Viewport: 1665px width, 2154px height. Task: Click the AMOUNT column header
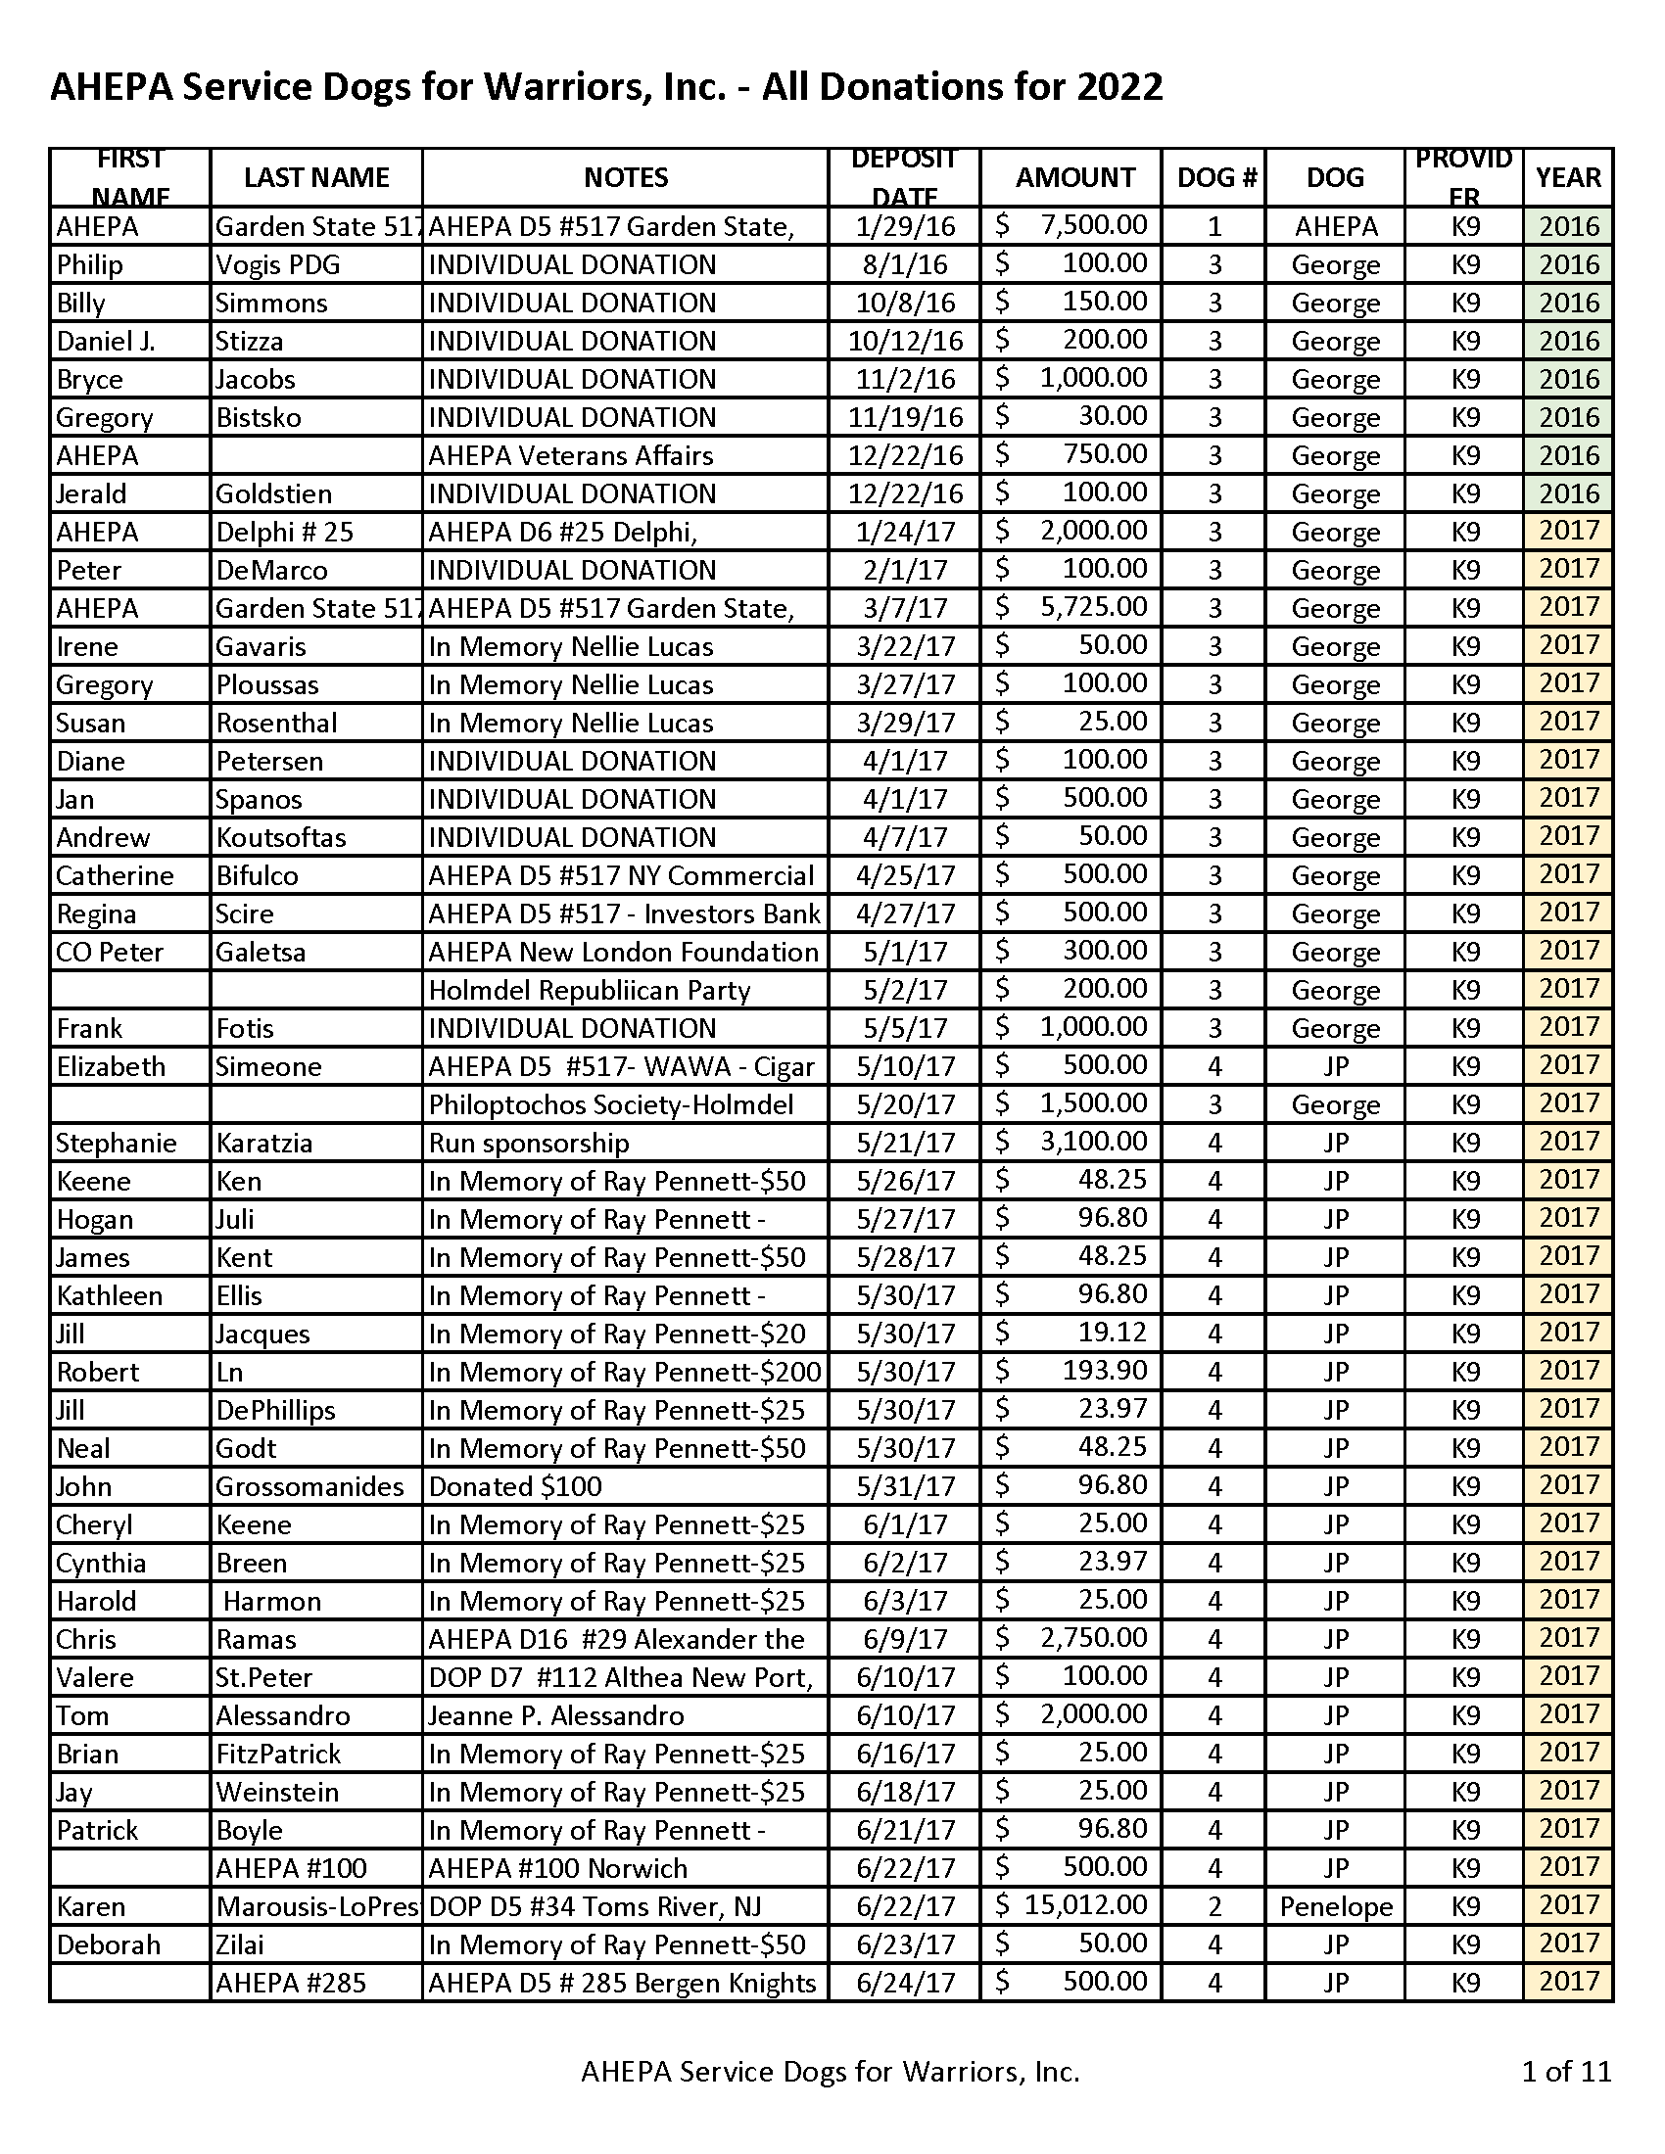pos(1075,177)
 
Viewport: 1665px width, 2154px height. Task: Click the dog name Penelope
pos(1336,1906)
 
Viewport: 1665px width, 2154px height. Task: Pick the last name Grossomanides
pos(309,1486)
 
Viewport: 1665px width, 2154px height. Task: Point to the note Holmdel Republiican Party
pos(589,990)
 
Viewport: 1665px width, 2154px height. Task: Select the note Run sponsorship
pos(529,1143)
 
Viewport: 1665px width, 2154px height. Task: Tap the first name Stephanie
pos(117,1143)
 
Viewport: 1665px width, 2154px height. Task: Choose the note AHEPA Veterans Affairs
pos(570,455)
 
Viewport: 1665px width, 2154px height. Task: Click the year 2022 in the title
pos(1119,88)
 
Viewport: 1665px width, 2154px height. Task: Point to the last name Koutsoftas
pos(281,837)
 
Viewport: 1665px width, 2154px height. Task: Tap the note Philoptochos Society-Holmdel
pos(610,1104)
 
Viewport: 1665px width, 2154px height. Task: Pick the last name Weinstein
pos(277,1792)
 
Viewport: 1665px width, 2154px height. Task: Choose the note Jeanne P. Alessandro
pos(556,1715)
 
